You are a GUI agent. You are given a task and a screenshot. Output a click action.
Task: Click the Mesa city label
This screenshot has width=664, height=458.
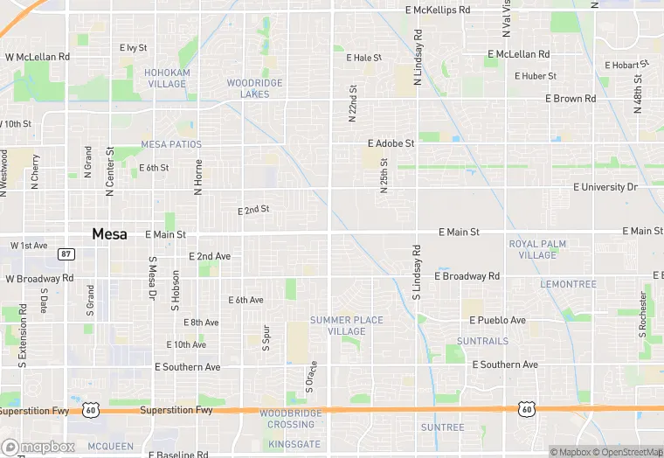coord(109,234)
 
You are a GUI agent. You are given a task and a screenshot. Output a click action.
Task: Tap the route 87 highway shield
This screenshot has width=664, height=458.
coord(66,253)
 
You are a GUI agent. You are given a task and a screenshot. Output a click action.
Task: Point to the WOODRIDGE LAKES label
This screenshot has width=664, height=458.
coord(254,87)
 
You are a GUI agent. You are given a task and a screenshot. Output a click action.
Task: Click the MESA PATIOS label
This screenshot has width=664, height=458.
coord(171,144)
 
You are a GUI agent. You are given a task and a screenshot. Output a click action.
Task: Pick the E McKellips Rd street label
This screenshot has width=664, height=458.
coord(439,10)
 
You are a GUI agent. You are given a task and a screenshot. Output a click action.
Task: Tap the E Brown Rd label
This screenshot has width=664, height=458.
coord(571,99)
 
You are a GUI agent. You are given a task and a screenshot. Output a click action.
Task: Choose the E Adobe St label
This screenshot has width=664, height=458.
coord(391,142)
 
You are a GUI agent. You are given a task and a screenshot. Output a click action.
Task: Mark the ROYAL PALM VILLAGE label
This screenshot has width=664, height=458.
coord(537,249)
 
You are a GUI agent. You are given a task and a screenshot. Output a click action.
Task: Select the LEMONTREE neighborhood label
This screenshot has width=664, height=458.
coord(568,284)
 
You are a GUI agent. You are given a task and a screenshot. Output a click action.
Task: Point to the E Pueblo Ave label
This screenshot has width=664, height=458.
coord(497,321)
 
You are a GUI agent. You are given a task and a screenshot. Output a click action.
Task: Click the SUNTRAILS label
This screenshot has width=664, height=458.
coord(481,341)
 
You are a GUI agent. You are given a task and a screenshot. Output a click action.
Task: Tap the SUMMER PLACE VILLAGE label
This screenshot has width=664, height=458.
coord(347,325)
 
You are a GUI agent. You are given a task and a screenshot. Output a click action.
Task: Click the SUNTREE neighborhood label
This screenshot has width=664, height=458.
coord(442,427)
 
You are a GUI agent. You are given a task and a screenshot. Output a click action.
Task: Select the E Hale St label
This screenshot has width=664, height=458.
coord(364,58)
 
